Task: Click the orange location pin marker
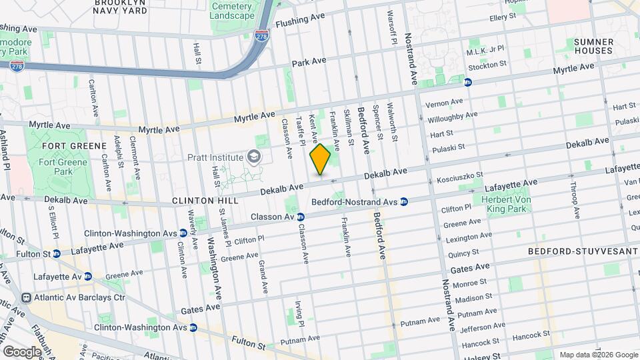[321, 159]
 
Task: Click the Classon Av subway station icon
[301, 217]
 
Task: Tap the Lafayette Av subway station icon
[88, 277]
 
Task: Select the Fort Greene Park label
[64, 167]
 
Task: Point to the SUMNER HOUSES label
[593, 46]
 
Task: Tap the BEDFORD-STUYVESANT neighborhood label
[579, 251]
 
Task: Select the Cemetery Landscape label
[232, 11]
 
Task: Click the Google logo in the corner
[22, 351]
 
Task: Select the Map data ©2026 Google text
[597, 354]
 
